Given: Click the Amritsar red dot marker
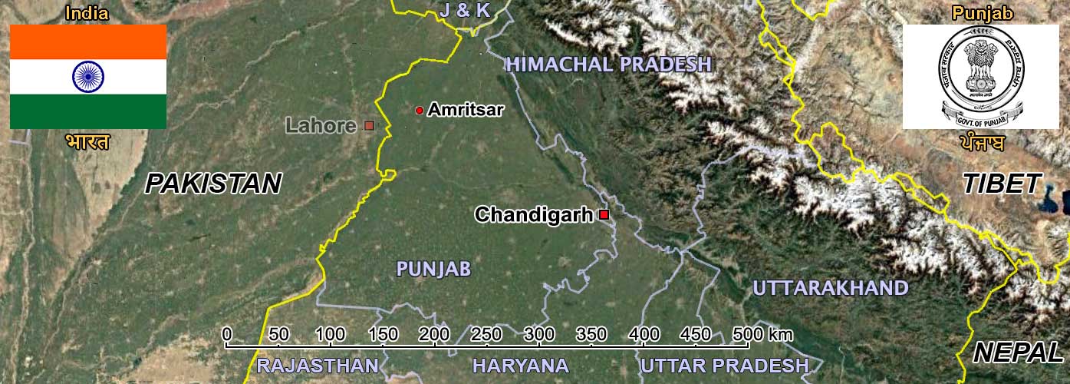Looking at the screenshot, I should point(420,111).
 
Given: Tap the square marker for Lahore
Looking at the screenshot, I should point(369,125).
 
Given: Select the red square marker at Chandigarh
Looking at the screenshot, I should point(604,215).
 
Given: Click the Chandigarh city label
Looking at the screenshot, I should point(534,215).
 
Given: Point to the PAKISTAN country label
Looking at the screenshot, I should point(213,184).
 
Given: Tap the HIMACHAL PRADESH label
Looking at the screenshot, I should point(609,65).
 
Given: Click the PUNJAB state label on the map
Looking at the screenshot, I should point(433,269).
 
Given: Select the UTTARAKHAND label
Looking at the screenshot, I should point(830,289).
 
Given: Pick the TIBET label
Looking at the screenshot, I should point(1002,184).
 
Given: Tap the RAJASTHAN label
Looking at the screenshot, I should point(318,366).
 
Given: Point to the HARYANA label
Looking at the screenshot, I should point(521,366).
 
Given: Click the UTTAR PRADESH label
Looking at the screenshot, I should point(725,366).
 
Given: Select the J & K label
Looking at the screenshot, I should point(464,10).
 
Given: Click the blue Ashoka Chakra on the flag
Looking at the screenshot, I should point(88,76).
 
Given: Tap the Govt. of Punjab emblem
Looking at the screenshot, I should point(981,76).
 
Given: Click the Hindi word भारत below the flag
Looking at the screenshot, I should point(87,142).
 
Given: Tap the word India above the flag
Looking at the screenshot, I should point(87,13).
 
